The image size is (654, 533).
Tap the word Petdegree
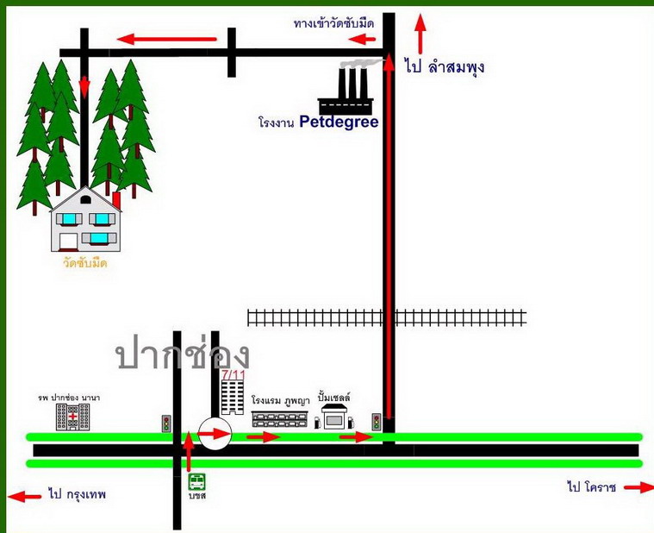(x=339, y=122)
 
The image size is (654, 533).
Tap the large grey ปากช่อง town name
(x=184, y=354)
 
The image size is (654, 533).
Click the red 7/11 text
(x=233, y=374)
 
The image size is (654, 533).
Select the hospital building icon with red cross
(x=73, y=417)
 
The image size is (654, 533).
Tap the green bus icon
(x=197, y=481)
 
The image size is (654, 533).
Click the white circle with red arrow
(x=215, y=433)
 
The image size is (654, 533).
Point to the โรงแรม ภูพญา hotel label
(x=281, y=401)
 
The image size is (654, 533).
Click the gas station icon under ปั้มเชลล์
(x=333, y=417)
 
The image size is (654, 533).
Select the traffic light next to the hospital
(x=166, y=423)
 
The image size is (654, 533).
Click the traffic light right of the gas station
(x=377, y=422)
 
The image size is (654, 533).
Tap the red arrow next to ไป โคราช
(x=638, y=487)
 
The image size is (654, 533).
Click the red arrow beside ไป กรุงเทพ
(x=24, y=496)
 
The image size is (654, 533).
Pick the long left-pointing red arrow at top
(x=167, y=38)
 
